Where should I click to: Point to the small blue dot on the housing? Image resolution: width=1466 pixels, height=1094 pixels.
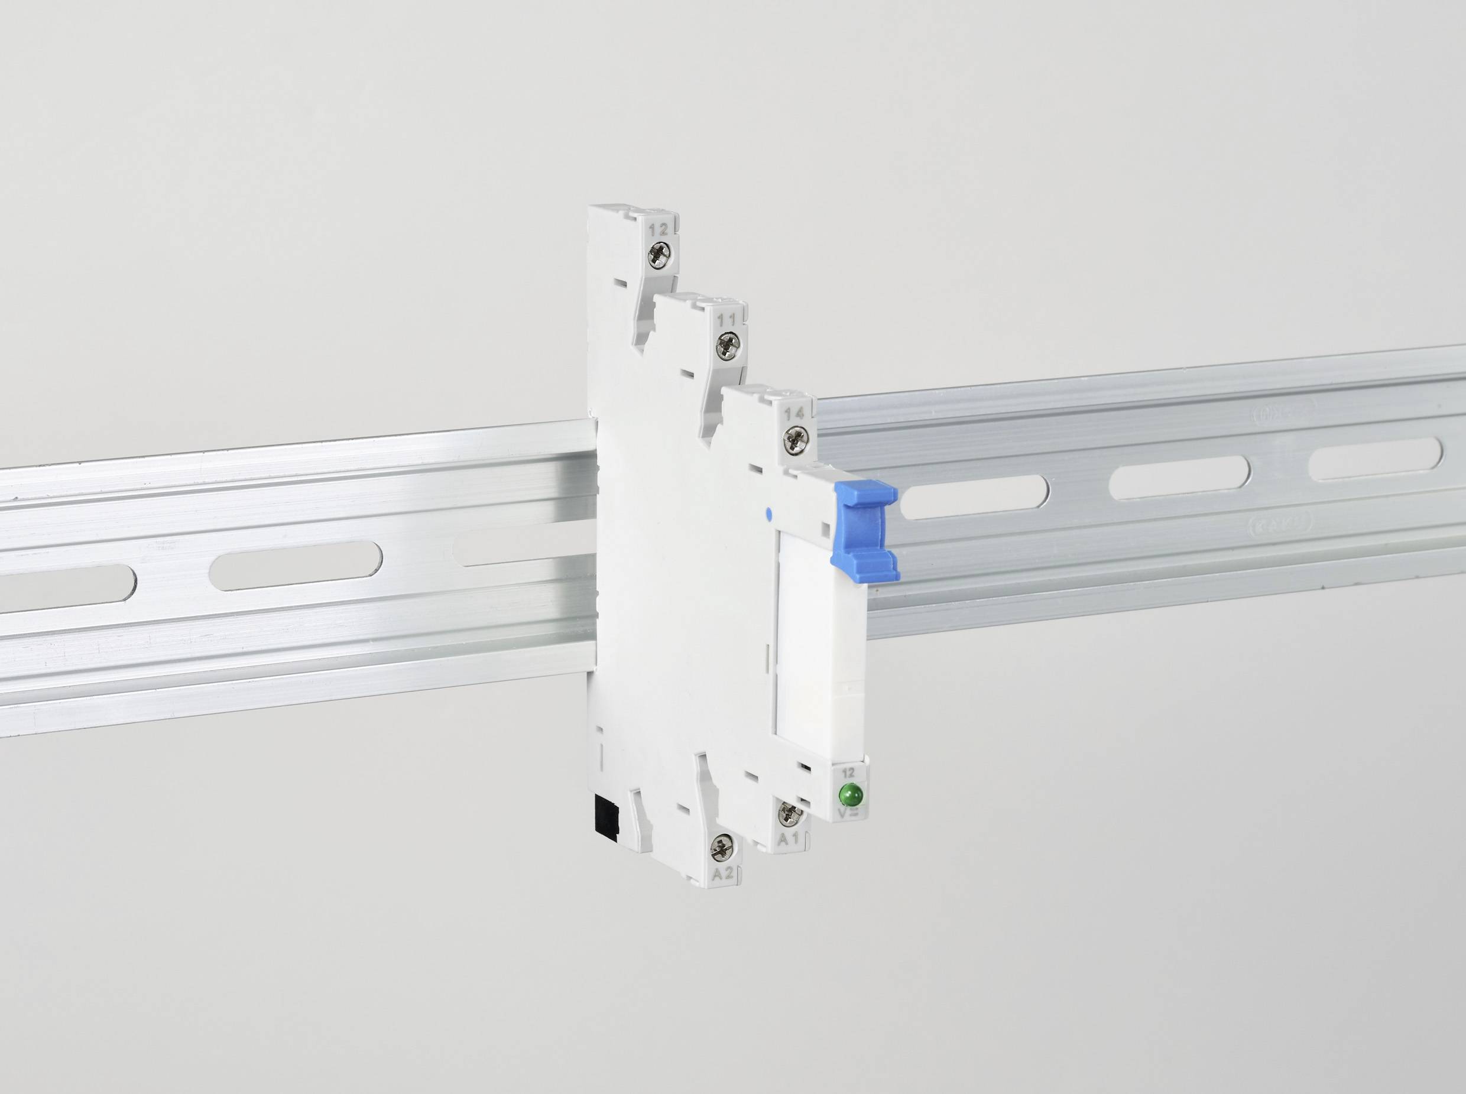tap(768, 512)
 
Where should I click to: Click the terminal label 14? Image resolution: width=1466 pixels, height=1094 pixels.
tap(794, 413)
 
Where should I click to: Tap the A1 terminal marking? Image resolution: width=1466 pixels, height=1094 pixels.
tap(789, 839)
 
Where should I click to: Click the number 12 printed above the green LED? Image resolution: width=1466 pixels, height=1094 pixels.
tap(848, 772)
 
